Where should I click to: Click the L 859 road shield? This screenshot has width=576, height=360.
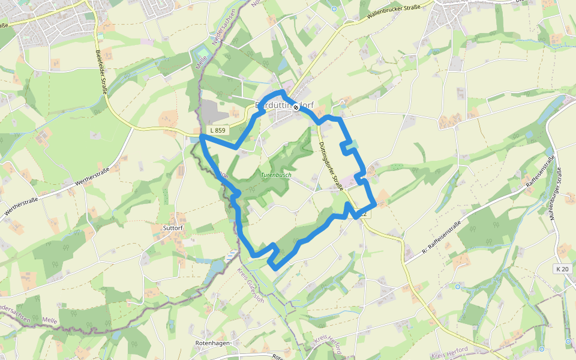click(x=217, y=130)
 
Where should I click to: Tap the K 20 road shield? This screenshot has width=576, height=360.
click(x=562, y=269)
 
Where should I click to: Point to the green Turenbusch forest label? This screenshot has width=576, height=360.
click(x=276, y=175)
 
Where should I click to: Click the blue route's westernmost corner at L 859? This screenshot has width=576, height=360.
click(x=201, y=138)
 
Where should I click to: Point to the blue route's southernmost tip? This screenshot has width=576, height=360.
click(x=275, y=268)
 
